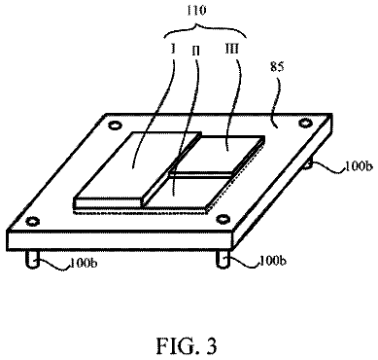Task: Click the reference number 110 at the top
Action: tap(196, 11)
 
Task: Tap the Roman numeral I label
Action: tap(173, 49)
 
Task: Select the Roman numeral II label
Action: tap(195, 51)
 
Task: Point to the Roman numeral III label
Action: tap(232, 49)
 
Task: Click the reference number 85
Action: tap(276, 67)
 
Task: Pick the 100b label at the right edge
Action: tap(358, 166)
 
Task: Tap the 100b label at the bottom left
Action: tap(84, 263)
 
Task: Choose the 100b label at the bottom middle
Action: tap(272, 261)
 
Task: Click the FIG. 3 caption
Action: tap(187, 345)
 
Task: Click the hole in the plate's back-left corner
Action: tap(115, 125)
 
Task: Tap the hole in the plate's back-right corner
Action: tap(304, 123)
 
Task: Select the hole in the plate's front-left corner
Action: tap(33, 222)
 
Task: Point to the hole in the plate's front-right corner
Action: tap(223, 220)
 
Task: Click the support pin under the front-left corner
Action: tap(33, 259)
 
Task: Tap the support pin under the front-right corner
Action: tap(223, 259)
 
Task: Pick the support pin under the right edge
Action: tap(309, 162)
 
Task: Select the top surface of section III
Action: tap(217, 154)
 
